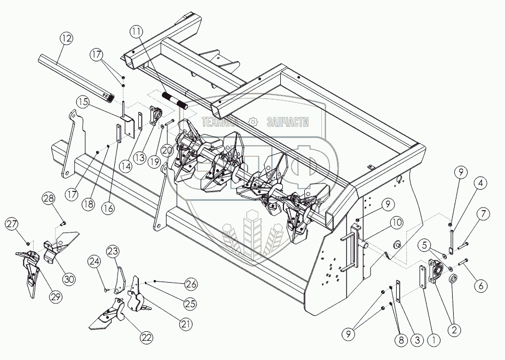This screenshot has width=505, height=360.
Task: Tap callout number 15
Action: click(82, 101)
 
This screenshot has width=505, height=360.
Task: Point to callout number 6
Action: click(481, 286)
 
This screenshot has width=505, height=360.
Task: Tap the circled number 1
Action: click(433, 338)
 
